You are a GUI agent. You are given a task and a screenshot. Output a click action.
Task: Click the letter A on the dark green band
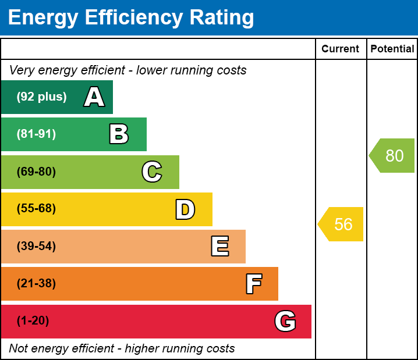[x=94, y=97]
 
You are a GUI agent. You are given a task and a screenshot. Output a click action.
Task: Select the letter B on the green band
[x=119, y=134]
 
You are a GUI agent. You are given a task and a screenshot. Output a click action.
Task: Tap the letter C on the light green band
[x=152, y=172]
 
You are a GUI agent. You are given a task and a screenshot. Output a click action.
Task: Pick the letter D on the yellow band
[x=185, y=209]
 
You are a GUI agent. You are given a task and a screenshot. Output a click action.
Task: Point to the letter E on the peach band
[x=219, y=247]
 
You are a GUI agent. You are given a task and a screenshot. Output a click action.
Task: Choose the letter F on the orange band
[x=253, y=284]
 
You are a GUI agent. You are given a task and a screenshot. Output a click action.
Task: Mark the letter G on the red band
[x=285, y=321]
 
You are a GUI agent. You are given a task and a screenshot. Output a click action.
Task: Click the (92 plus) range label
[x=41, y=97]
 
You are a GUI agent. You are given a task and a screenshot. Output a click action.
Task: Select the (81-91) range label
[x=36, y=134]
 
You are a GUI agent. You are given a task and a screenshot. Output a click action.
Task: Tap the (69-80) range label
[x=36, y=172]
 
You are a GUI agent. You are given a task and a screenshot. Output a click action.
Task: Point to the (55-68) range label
[x=36, y=209]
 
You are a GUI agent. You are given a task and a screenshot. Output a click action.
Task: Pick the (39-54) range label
[x=36, y=246]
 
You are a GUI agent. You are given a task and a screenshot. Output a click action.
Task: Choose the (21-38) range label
[x=36, y=284]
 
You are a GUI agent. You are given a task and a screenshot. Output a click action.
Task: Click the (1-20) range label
[x=33, y=321]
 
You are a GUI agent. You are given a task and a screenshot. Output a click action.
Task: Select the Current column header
[x=341, y=49]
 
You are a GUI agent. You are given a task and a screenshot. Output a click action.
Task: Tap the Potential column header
[x=392, y=49]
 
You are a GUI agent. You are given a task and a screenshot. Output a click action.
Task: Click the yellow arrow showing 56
[x=342, y=224]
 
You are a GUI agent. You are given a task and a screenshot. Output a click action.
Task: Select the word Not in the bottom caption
[x=18, y=348]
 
